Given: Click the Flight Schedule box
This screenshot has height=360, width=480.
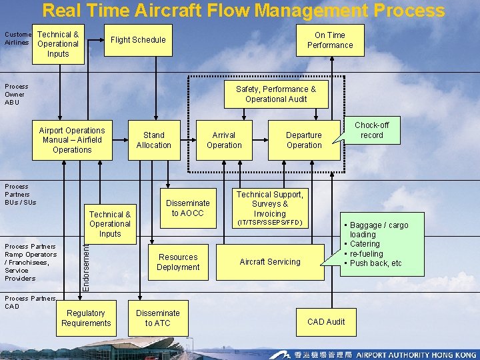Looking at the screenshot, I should click(138, 40).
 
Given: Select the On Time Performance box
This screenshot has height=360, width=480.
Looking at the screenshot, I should click(330, 40).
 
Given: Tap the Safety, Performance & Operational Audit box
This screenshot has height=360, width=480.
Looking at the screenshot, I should click(276, 94).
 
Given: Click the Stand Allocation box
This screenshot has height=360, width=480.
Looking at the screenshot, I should click(153, 140).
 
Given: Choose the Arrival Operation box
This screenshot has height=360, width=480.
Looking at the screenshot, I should click(224, 140).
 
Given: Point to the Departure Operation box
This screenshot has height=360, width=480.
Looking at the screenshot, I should click(304, 140).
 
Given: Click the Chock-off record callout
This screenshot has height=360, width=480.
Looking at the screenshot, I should click(371, 130).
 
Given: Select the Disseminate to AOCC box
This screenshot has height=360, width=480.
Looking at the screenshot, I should click(187, 208).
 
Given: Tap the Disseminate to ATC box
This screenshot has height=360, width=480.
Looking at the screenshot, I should click(158, 318).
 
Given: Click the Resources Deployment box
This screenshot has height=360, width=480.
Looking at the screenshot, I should click(178, 262).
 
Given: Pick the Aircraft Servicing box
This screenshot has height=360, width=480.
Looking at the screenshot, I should click(270, 262).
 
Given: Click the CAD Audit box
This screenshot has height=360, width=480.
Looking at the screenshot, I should click(326, 322).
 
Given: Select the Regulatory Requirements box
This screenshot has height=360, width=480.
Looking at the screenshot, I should click(86, 318).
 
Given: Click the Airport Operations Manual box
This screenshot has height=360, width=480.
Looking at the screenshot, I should click(72, 140).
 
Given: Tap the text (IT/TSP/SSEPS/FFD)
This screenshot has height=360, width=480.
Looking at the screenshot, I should click(270, 222).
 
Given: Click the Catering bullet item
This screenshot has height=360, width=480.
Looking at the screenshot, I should click(365, 244).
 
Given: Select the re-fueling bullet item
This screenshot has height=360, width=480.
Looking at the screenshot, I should click(366, 254).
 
